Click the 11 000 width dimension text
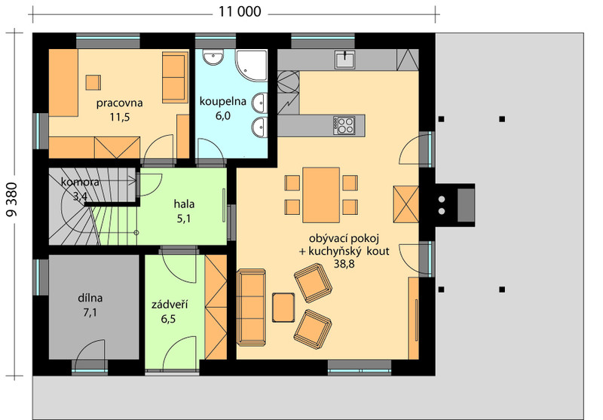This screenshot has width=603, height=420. (240, 11)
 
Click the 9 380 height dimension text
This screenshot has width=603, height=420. (12, 200)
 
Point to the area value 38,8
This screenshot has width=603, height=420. (344, 264)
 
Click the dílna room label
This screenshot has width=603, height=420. (90, 298)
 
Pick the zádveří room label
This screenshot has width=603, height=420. (169, 305)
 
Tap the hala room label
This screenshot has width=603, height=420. (184, 204)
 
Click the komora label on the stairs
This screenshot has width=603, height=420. (80, 182)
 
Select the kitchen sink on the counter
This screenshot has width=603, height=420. (344, 60)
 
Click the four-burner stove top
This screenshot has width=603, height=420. (344, 125)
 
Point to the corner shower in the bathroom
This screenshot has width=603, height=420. (251, 66)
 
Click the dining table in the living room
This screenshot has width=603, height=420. (321, 195)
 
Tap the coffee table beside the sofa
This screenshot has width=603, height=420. (283, 308)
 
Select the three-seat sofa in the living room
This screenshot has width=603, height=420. (251, 307)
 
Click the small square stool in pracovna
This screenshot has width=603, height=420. (93, 82)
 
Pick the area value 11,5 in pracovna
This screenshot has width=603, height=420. (120, 117)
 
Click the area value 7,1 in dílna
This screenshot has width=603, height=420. (90, 313)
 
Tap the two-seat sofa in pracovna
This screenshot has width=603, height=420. (175, 78)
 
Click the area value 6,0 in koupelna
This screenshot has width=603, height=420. (222, 115)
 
